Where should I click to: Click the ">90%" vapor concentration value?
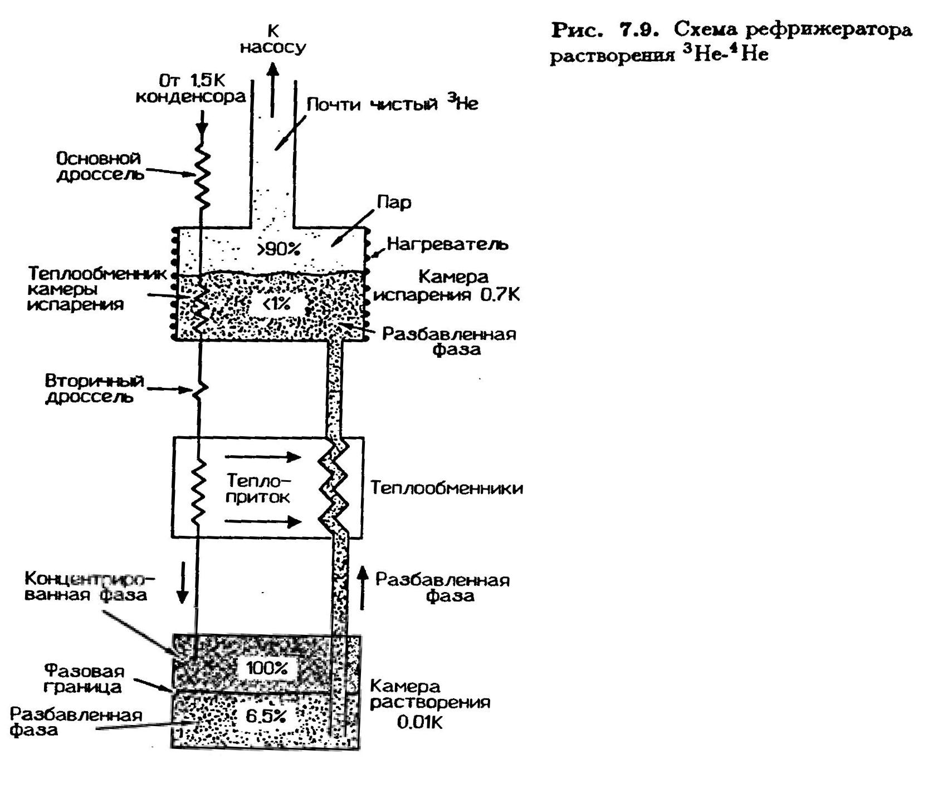tap(279, 249)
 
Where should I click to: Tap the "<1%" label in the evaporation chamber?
tap(277, 304)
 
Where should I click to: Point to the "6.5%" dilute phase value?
tap(266, 717)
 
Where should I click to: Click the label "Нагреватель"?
tap(447, 244)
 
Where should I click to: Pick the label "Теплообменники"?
tap(447, 488)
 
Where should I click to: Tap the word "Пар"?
tap(394, 203)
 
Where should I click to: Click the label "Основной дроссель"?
tap(100, 166)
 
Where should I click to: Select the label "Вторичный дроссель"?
tap(94, 389)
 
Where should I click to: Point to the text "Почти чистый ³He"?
tap(393, 104)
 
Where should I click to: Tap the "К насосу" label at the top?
tap(273, 40)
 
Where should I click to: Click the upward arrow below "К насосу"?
tap(272, 90)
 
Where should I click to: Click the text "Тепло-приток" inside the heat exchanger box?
tap(258, 488)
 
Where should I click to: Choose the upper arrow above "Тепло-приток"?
tap(263, 457)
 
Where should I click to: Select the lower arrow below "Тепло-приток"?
tap(263, 521)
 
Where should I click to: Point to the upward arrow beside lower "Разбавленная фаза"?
tap(363, 588)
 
